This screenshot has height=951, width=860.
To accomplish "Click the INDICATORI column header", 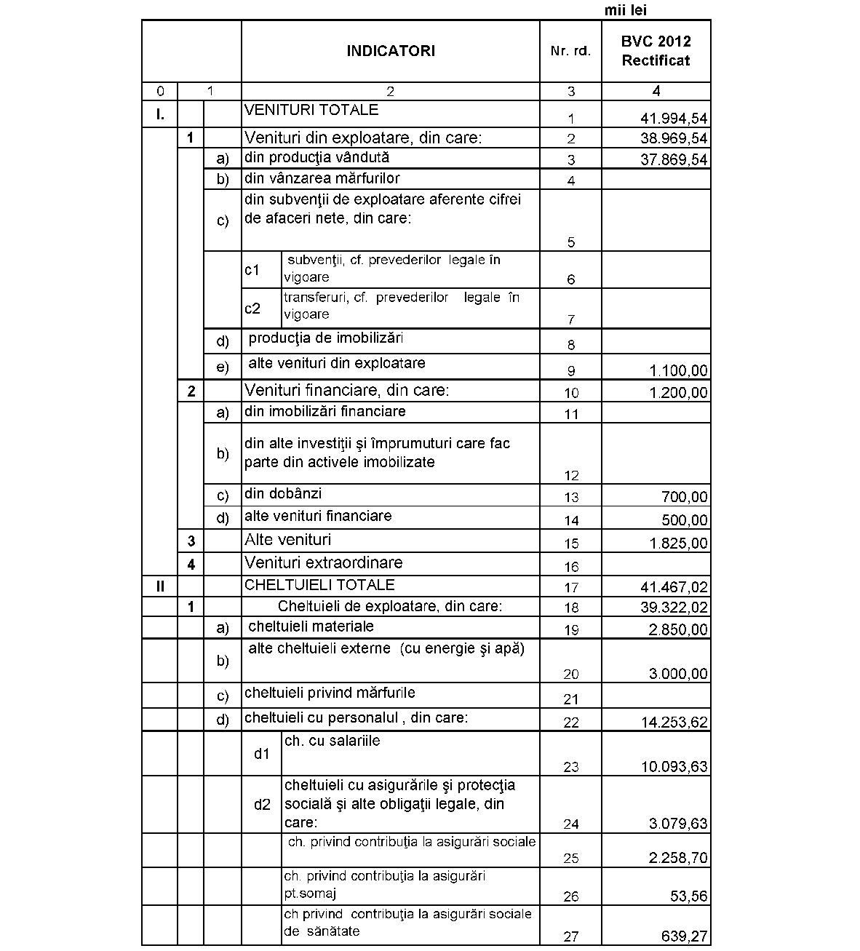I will click(x=391, y=51).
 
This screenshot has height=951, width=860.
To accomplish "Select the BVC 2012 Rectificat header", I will click(x=656, y=51).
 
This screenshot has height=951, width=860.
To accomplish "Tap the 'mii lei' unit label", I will click(x=625, y=10).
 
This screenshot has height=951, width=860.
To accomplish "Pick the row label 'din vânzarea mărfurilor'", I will click(x=322, y=178).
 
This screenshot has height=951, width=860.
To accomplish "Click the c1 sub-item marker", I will click(x=252, y=270).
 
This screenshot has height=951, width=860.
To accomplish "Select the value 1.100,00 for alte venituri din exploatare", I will click(x=678, y=371).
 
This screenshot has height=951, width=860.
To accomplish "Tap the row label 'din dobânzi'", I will click(x=283, y=493).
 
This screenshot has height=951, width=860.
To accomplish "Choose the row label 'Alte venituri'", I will click(x=287, y=540).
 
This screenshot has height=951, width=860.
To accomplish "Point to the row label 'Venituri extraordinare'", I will click(x=323, y=562).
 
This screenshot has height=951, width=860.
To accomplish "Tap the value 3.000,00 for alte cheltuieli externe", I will click(x=678, y=674).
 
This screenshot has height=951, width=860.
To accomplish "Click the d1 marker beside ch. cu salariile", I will click(x=262, y=754).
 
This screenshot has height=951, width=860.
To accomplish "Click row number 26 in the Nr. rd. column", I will click(x=571, y=896).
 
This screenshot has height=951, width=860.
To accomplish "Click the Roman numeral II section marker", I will click(x=160, y=585).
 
